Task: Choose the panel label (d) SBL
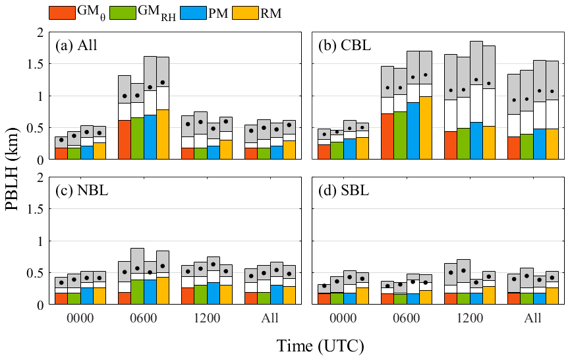(x=345, y=191)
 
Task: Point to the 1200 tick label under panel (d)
(x=469, y=318)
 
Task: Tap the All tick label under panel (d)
(x=532, y=318)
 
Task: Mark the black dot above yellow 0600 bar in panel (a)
(x=163, y=82)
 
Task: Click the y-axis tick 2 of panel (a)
(x=40, y=32)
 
